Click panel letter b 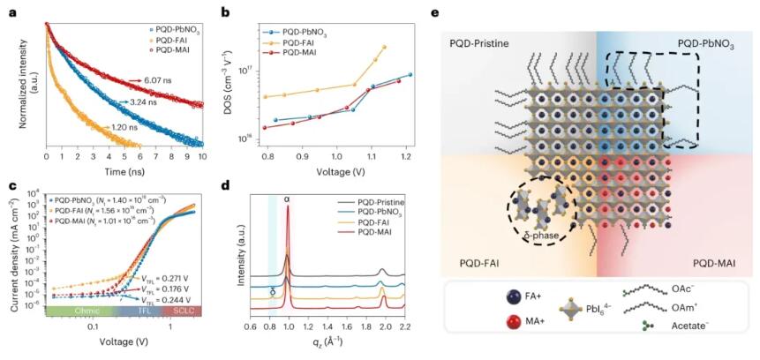click(x=226, y=12)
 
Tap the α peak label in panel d click(x=286, y=199)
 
